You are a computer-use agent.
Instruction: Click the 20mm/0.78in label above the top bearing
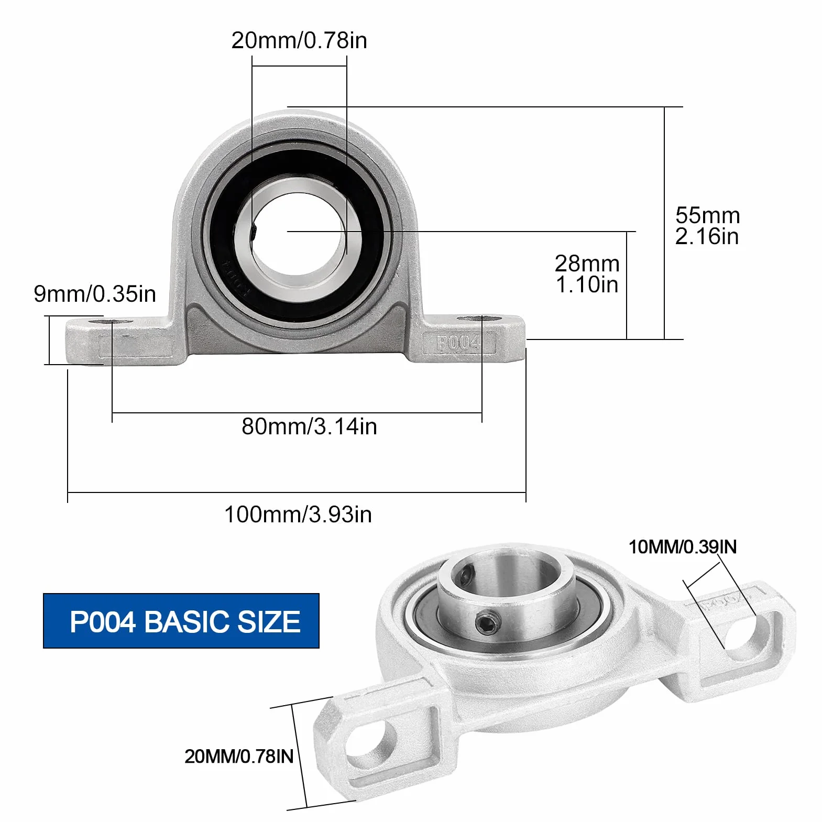tap(299, 40)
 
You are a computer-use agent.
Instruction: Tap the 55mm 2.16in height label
tap(707, 226)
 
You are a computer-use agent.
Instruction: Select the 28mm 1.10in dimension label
tap(587, 274)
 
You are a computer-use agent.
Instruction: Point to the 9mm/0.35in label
tap(95, 293)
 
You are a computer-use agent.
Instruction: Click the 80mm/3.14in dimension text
tap(309, 426)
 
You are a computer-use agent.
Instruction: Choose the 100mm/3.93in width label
tap(298, 514)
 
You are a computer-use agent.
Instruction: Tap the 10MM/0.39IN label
tap(683, 547)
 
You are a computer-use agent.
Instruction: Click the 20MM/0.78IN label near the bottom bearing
tap(239, 757)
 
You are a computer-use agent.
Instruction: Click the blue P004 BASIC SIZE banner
tap(181, 621)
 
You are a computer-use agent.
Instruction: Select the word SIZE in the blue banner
tap(269, 622)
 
